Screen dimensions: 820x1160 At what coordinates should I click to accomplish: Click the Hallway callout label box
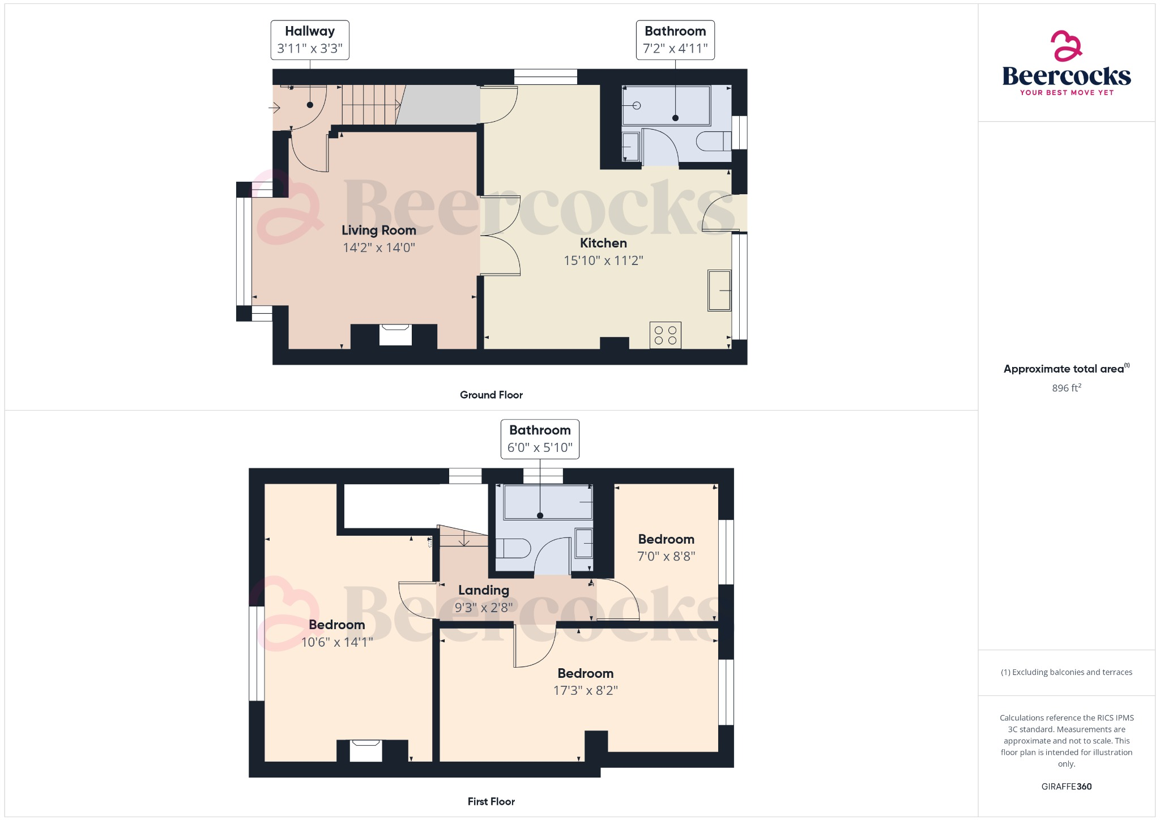310,40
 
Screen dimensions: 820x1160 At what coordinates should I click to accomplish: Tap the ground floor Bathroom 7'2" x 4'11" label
675,40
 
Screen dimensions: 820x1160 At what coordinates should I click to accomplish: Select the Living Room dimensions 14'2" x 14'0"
379,247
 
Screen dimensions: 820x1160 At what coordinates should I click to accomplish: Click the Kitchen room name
603,243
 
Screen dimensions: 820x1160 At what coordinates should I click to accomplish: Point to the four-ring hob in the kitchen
665,335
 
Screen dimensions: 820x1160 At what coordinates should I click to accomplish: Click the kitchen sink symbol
719,291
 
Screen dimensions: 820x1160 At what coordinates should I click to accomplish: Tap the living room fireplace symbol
395,335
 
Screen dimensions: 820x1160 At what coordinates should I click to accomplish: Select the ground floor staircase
371,105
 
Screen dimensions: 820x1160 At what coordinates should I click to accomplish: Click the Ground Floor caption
491,395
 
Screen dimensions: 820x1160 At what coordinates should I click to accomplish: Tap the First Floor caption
491,801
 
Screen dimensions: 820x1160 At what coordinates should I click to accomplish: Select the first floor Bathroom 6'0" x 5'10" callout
540,439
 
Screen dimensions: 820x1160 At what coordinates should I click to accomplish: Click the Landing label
484,590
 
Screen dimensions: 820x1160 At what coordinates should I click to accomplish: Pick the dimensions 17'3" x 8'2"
585,690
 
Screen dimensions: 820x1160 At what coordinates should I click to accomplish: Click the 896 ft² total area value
1066,388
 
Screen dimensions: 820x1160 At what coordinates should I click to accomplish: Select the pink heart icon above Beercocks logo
1066,45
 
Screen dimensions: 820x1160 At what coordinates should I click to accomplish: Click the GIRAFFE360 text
1066,786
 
